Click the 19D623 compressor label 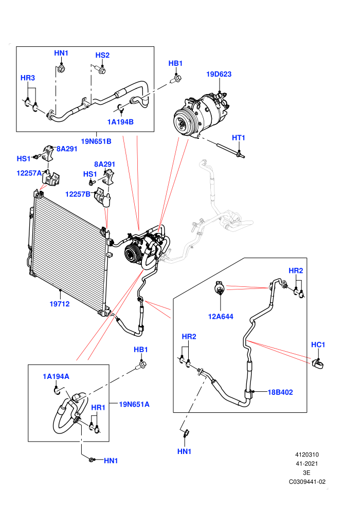click(219, 74)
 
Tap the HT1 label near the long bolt click(238, 138)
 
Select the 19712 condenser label click(60, 304)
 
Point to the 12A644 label click(221, 317)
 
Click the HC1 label click(318, 344)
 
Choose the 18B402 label click(280, 392)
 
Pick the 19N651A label click(134, 404)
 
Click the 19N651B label click(96, 141)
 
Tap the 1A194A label click(56, 376)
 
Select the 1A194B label click(120, 122)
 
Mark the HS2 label click(102, 55)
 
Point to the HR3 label click(28, 78)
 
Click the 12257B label click(78, 194)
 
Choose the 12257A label click(29, 173)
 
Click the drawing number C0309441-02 click(307, 482)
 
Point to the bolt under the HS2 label click(101, 69)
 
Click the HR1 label click(98, 407)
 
